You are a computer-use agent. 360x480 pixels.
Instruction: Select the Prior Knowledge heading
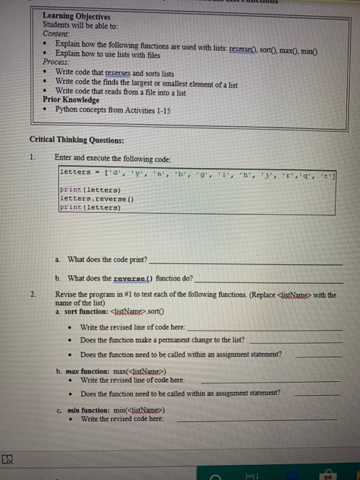71,99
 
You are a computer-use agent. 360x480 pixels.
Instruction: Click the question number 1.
32,157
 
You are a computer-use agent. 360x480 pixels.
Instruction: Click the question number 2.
33,294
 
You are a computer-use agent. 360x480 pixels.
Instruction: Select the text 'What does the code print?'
107,260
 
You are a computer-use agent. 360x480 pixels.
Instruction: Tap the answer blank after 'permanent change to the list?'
296,340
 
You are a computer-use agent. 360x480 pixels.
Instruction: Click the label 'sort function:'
85,311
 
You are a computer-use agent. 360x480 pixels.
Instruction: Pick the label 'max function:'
86,370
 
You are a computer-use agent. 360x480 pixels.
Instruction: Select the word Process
56,62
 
